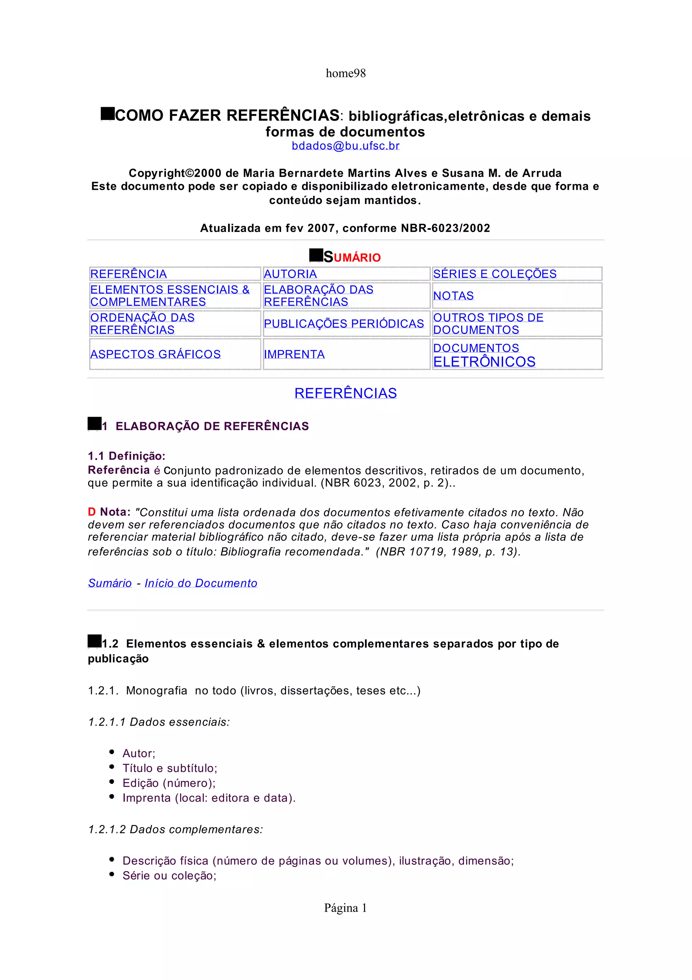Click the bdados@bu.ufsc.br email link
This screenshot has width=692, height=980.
(x=345, y=146)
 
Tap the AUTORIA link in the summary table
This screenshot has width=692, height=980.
(x=290, y=274)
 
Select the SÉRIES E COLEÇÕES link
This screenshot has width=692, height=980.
(x=495, y=274)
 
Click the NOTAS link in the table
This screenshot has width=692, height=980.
(x=453, y=296)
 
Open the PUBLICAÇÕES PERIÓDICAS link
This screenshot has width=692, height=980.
(x=344, y=324)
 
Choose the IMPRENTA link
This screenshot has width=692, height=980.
(x=294, y=355)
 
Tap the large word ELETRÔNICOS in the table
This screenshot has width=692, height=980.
(x=484, y=362)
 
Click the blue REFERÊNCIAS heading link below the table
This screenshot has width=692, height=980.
(x=345, y=393)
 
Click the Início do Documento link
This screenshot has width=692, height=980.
(x=201, y=583)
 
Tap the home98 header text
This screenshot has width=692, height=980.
(x=345, y=73)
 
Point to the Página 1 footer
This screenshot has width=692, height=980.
(x=345, y=908)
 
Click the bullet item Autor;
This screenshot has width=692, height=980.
(x=139, y=753)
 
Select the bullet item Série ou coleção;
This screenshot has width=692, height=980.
(x=169, y=876)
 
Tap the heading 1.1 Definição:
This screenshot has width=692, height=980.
(x=126, y=456)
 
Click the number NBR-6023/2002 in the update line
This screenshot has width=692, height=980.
(x=445, y=228)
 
